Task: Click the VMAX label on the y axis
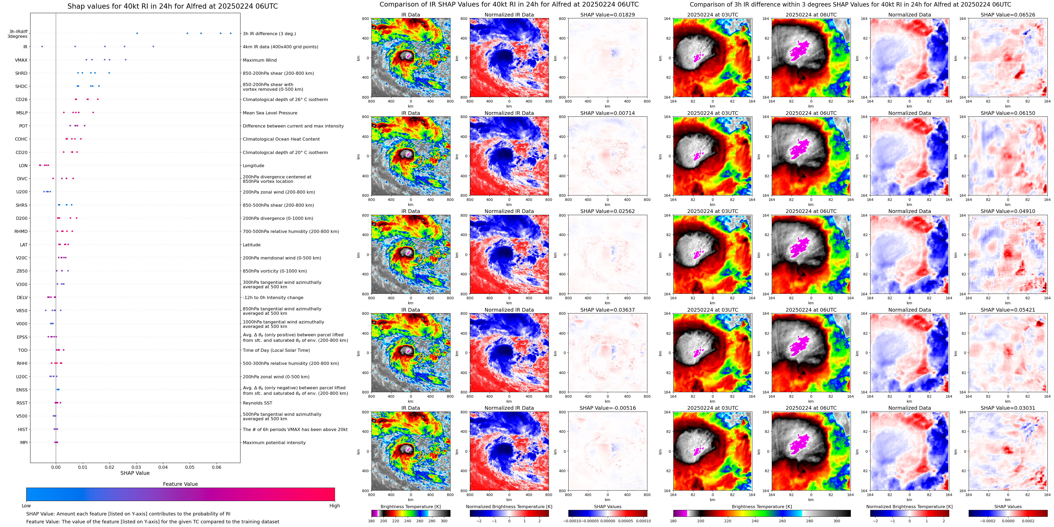coord(21,60)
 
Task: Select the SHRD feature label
coord(21,73)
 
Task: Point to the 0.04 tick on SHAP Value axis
coord(163,467)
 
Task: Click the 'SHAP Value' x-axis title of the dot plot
coord(135,473)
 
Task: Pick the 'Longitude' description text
coord(253,166)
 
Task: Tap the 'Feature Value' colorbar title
coord(180,484)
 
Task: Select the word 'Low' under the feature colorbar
coord(26,506)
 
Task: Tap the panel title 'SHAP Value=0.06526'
coord(1008,15)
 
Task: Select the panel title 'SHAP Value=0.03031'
coord(1008,408)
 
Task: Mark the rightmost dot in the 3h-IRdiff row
coord(230,33)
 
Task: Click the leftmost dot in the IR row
coord(42,47)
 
